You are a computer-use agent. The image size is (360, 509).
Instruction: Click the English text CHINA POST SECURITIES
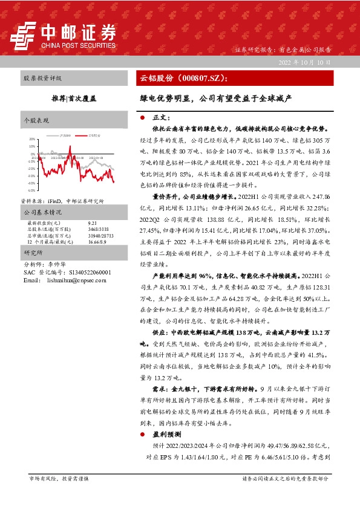(x=78, y=45)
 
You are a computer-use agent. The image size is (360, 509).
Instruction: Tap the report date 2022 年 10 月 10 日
(x=304, y=62)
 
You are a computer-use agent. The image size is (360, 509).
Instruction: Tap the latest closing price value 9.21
(x=91, y=223)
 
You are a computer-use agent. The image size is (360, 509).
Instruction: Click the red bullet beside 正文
(x=141, y=117)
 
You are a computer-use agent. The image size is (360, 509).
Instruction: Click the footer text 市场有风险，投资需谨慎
(x=59, y=478)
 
